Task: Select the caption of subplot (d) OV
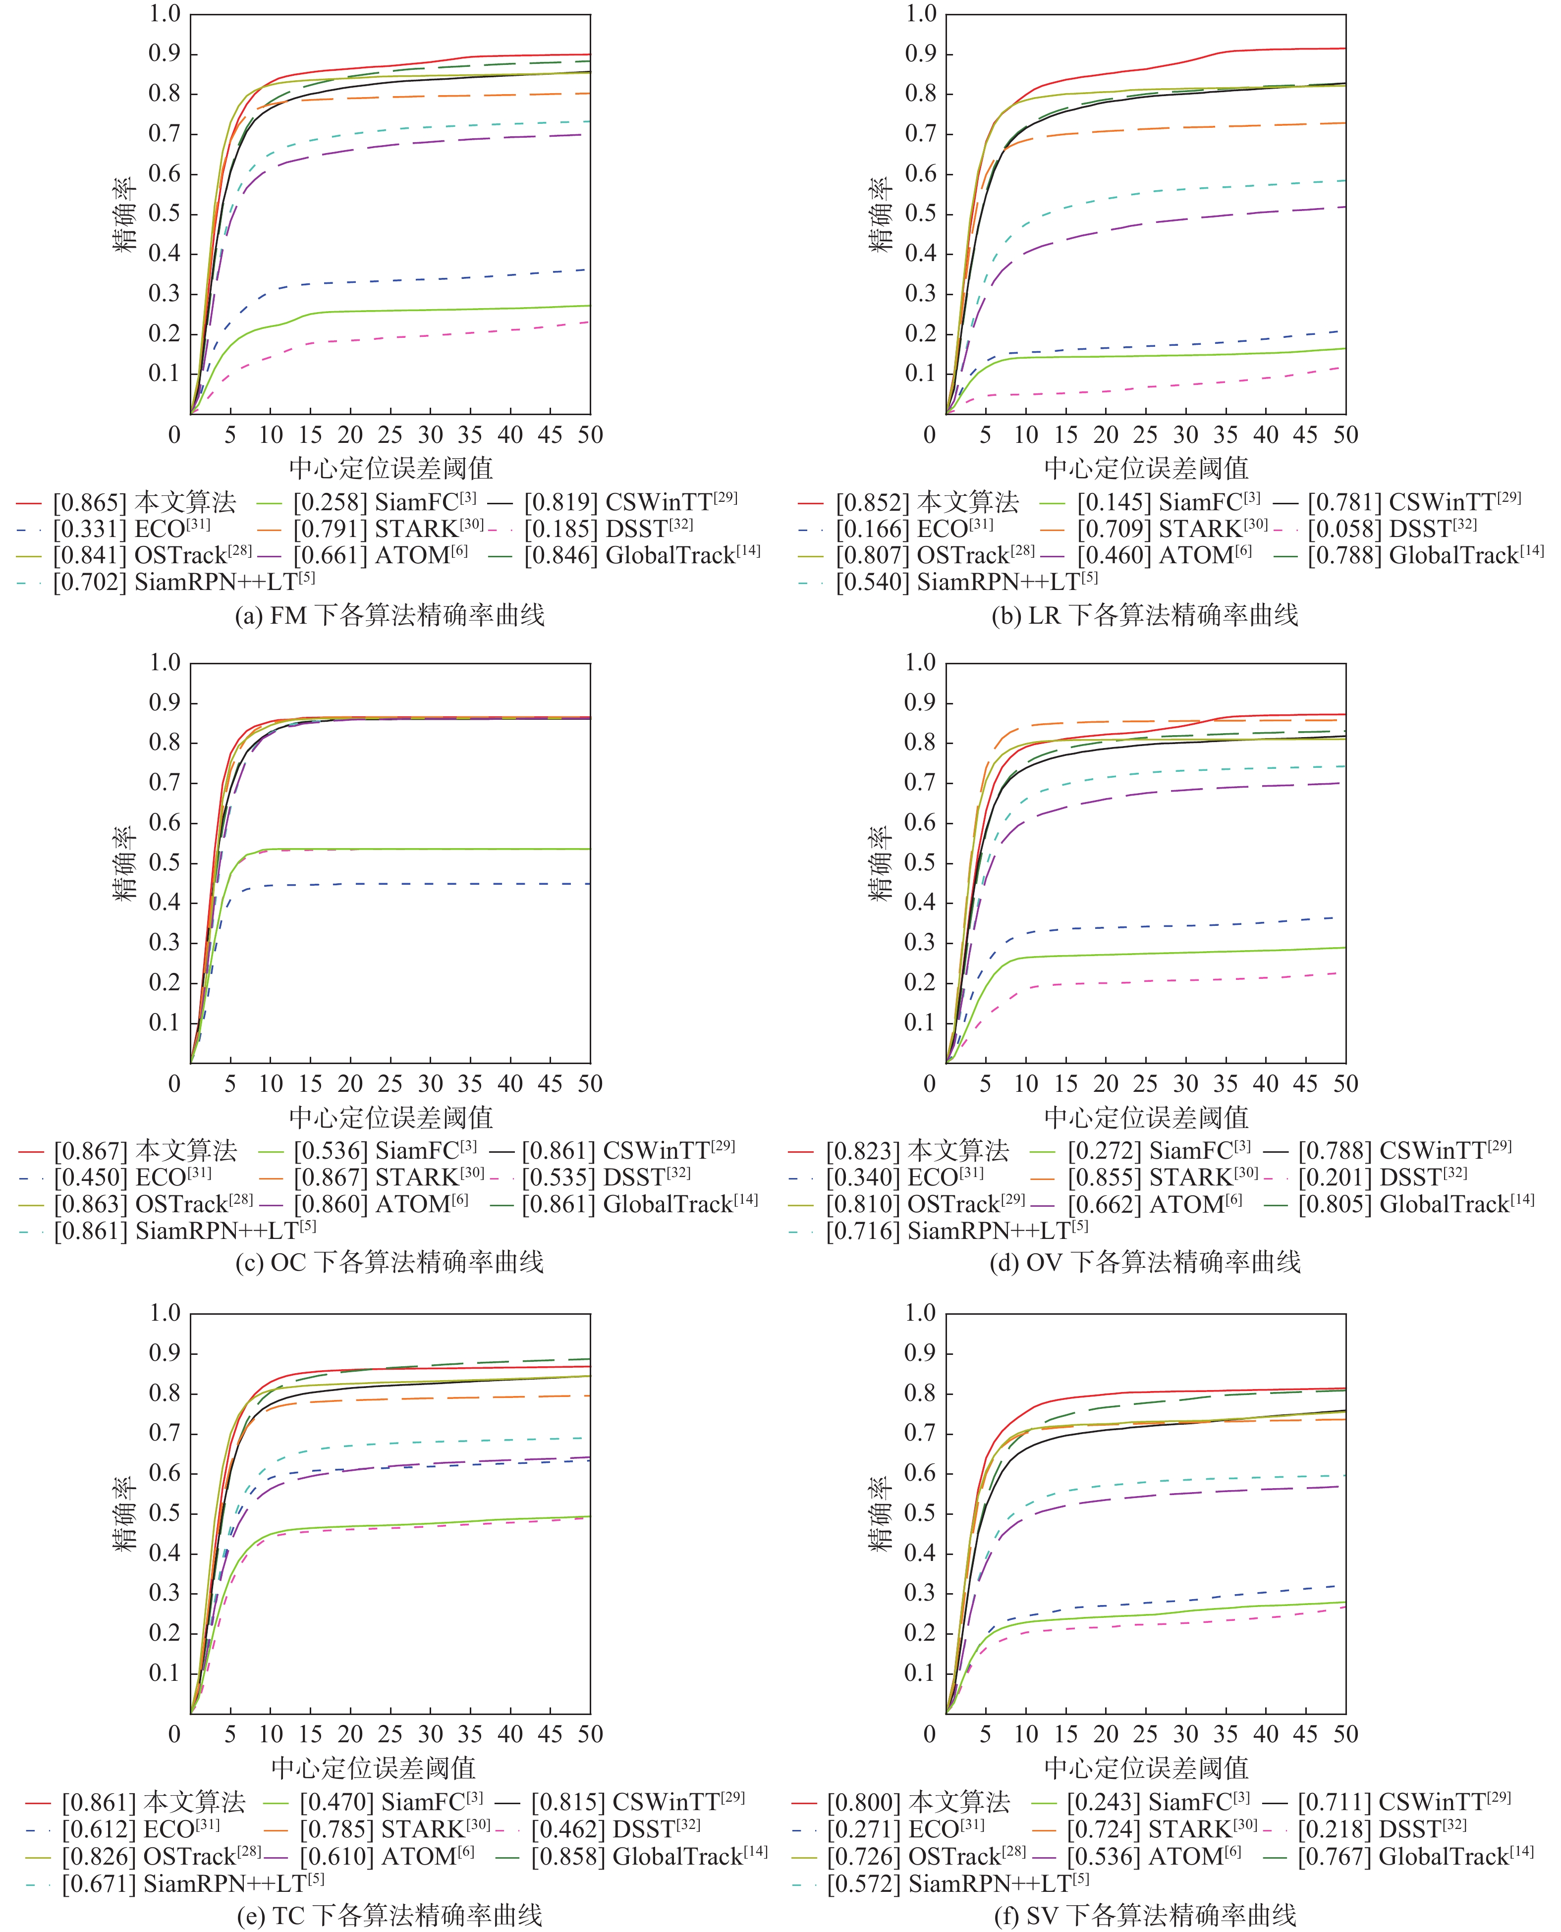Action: pos(1145,1262)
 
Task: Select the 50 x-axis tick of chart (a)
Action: pos(590,435)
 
